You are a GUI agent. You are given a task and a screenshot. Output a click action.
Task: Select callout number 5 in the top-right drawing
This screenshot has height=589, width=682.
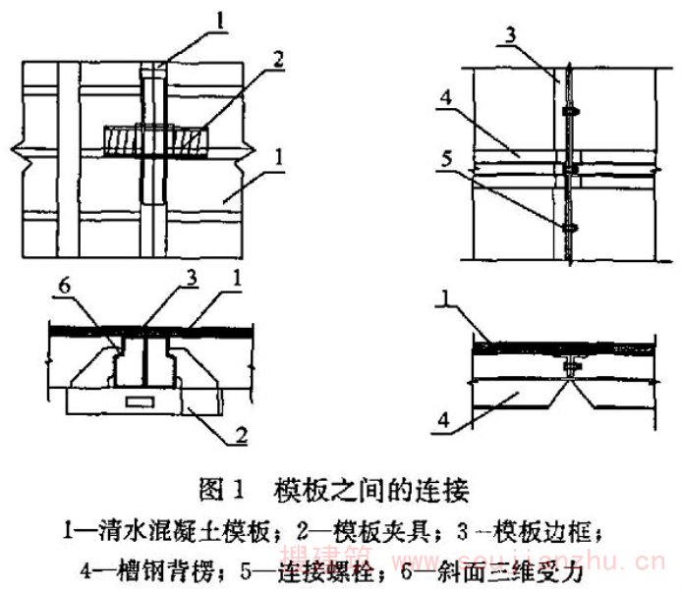tap(445, 154)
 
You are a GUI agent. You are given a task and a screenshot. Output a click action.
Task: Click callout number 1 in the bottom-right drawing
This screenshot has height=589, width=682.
tap(445, 307)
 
